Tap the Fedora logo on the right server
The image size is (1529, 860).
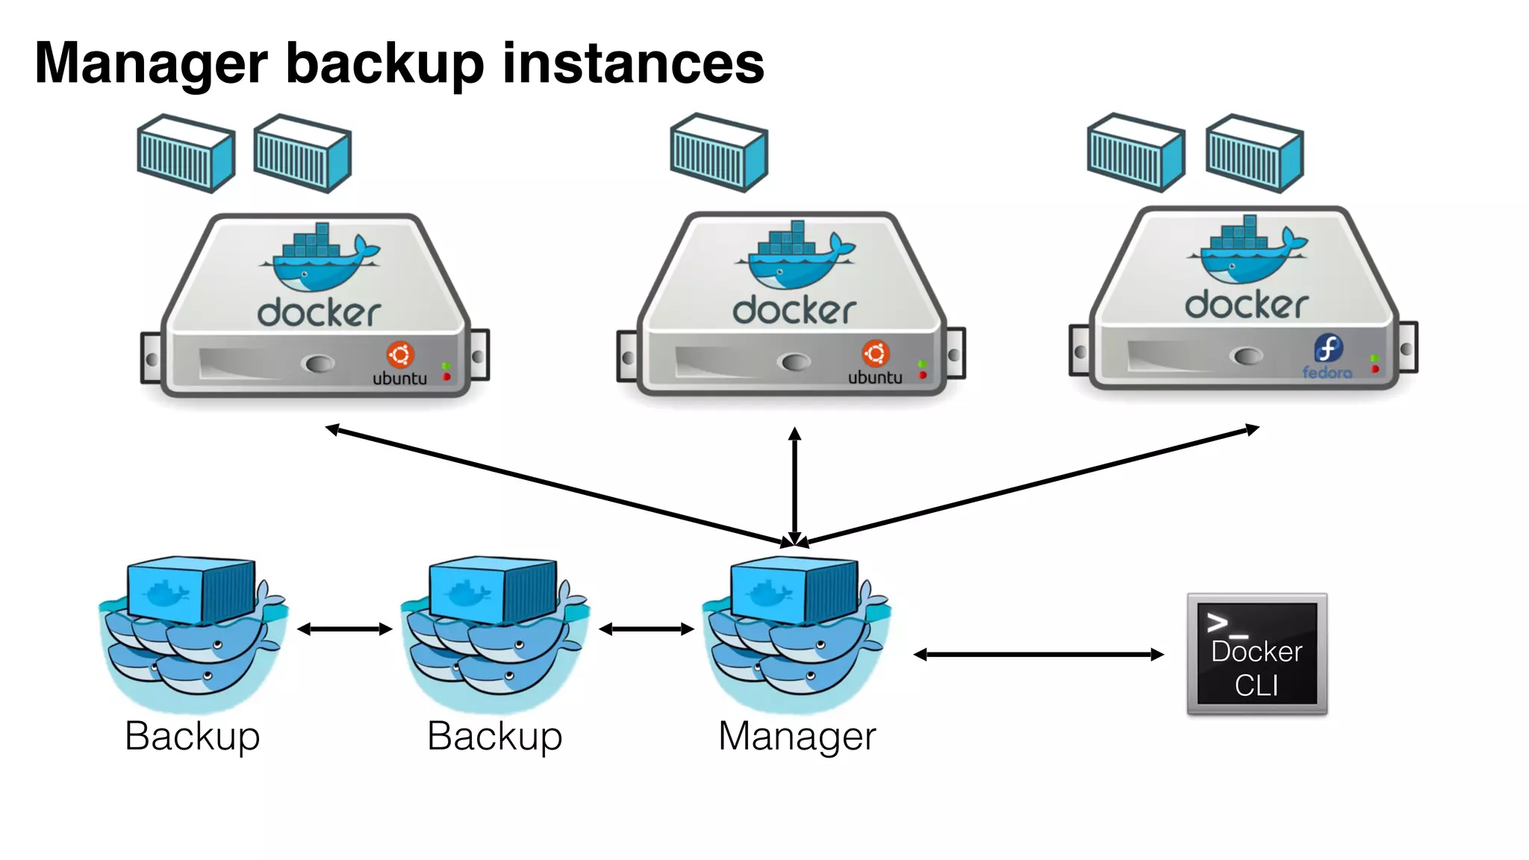(1327, 349)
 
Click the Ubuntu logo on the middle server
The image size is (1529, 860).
(875, 353)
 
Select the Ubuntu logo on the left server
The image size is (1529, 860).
(400, 355)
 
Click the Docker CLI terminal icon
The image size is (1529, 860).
(1256, 654)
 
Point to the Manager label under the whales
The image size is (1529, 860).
(797, 736)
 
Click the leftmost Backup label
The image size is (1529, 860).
(192, 736)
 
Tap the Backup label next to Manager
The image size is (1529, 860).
(494, 736)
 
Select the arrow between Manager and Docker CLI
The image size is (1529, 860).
(1038, 655)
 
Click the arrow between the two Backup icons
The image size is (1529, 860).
(344, 629)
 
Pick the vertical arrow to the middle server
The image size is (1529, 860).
(795, 485)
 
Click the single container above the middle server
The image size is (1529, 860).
(718, 153)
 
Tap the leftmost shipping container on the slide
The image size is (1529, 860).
(186, 154)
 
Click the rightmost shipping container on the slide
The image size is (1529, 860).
(1254, 153)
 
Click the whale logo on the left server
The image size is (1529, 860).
(320, 258)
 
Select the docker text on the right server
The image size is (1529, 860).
(1246, 305)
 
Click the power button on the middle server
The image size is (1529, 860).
(794, 362)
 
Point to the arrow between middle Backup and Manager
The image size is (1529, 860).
(647, 629)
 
